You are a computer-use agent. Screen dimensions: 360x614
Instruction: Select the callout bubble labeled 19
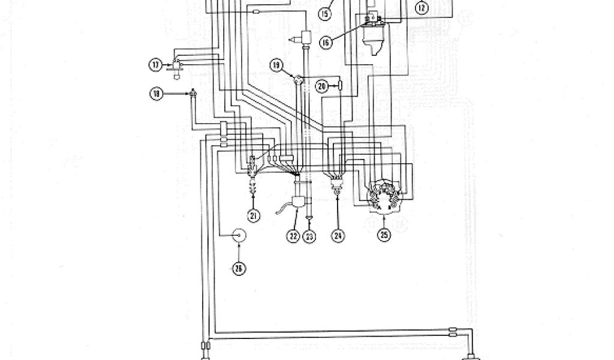(276, 65)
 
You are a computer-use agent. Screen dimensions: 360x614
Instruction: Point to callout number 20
(322, 86)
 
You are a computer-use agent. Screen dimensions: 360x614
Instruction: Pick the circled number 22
(293, 236)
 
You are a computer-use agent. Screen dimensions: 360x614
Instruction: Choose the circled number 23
(309, 236)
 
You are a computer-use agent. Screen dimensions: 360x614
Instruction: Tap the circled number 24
(338, 236)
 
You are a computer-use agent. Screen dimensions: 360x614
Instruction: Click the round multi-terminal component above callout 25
(384, 194)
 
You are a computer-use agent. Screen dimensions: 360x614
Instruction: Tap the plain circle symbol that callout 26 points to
(240, 236)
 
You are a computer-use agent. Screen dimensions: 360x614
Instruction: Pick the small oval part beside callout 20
(340, 86)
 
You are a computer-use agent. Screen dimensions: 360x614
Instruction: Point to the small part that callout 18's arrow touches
(192, 93)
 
